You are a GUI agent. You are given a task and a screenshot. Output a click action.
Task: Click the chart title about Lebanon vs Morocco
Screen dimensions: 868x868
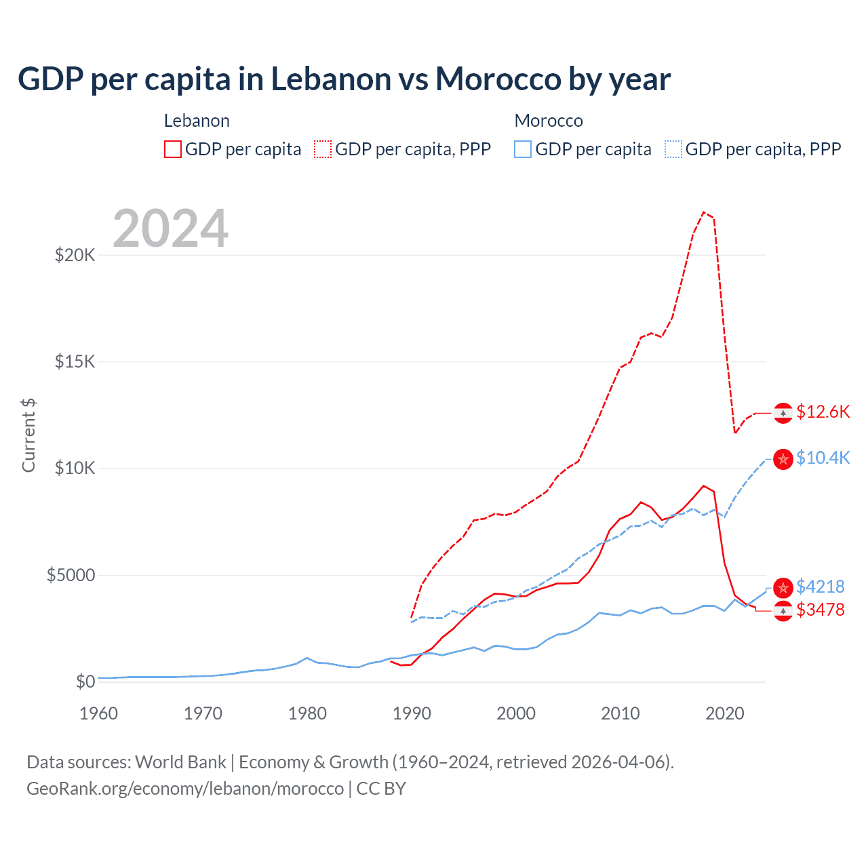(344, 79)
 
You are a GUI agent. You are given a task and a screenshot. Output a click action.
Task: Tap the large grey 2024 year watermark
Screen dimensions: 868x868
(170, 229)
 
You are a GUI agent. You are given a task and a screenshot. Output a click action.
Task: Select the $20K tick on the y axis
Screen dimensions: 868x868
(75, 256)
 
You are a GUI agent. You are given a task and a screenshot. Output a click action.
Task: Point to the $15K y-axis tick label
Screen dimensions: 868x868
(75, 361)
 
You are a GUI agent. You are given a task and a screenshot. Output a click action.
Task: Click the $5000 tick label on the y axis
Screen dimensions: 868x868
(71, 576)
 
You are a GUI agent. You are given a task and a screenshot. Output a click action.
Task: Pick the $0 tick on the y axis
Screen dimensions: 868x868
(85, 682)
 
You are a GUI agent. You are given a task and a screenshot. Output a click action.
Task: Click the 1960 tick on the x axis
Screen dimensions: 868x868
(98, 713)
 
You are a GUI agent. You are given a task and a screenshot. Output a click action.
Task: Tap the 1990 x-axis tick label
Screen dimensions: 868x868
(412, 713)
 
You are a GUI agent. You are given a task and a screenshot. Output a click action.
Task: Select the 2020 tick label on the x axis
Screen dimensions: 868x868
(725, 713)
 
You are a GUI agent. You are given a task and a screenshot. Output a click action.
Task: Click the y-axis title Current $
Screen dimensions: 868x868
(28, 435)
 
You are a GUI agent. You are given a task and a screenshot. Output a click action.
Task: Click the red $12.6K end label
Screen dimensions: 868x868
(823, 412)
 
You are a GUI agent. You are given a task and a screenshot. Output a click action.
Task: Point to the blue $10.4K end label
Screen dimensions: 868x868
(823, 458)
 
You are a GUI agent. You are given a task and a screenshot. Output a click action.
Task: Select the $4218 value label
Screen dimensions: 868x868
(820, 587)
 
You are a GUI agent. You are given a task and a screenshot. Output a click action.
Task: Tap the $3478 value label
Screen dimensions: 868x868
(820, 610)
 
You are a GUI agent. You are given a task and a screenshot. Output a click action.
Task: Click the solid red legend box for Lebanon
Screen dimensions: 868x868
(173, 149)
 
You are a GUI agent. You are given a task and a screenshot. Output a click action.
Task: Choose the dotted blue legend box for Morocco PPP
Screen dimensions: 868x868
(673, 149)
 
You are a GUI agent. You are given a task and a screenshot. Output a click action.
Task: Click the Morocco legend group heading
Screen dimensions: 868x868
(549, 121)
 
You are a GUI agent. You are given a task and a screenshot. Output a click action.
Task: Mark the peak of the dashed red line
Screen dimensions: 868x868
(704, 212)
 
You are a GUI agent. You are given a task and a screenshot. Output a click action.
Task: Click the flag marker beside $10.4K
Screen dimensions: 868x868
(783, 459)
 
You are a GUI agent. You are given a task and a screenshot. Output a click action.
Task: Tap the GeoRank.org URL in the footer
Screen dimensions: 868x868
(185, 789)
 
